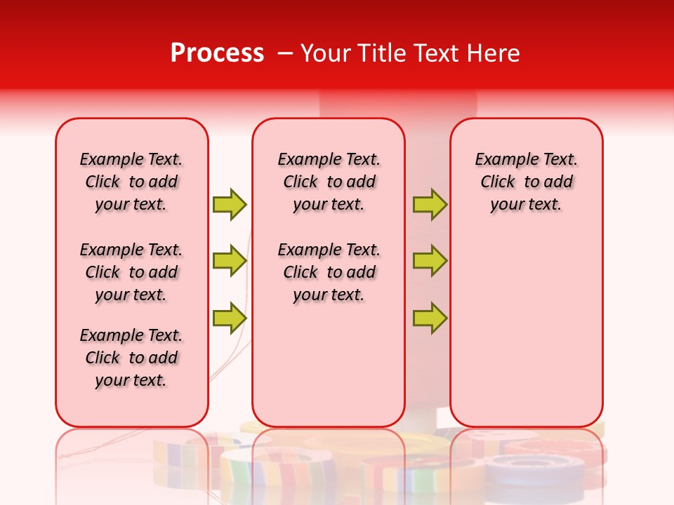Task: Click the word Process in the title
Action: pos(217,53)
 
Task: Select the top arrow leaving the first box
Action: pos(230,204)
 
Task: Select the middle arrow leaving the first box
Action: pos(230,261)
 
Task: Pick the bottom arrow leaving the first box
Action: pos(230,318)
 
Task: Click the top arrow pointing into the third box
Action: pos(430,204)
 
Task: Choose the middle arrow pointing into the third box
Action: pos(430,261)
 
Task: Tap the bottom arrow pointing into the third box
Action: pos(430,318)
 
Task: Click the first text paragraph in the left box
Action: pos(131,182)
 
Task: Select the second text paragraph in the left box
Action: pos(131,272)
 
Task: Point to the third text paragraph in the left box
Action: pos(131,358)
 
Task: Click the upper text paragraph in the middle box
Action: pos(329,182)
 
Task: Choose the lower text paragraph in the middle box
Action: pos(329,272)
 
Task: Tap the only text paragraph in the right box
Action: pos(526,182)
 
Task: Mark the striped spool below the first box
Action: pos(176,459)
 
